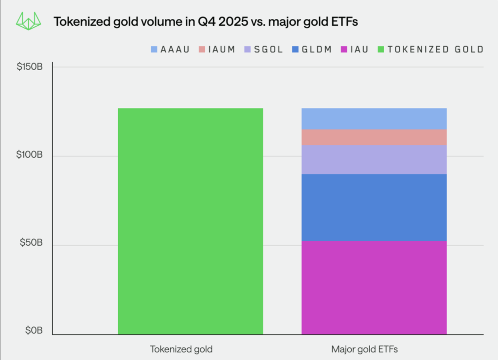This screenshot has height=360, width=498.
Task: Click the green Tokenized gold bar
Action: pyautogui.click(x=190, y=221)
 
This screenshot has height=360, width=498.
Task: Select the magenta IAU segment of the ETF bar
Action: pyautogui.click(x=374, y=288)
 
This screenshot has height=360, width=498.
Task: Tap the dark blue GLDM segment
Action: pyautogui.click(x=374, y=207)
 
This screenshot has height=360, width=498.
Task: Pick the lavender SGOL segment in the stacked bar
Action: pyautogui.click(x=374, y=160)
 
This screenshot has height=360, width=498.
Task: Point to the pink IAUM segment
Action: pyautogui.click(x=374, y=137)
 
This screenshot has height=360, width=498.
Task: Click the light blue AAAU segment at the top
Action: pyautogui.click(x=374, y=119)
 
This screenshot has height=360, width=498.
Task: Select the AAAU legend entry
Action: pyautogui.click(x=170, y=50)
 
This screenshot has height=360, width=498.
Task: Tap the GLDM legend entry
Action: pyautogui.click(x=314, y=50)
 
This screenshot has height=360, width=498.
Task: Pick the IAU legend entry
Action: pyautogui.click(x=356, y=50)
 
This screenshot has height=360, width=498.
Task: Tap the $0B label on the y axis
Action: pyautogui.click(x=34, y=331)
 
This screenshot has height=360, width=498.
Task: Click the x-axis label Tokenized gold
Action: pyautogui.click(x=181, y=349)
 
